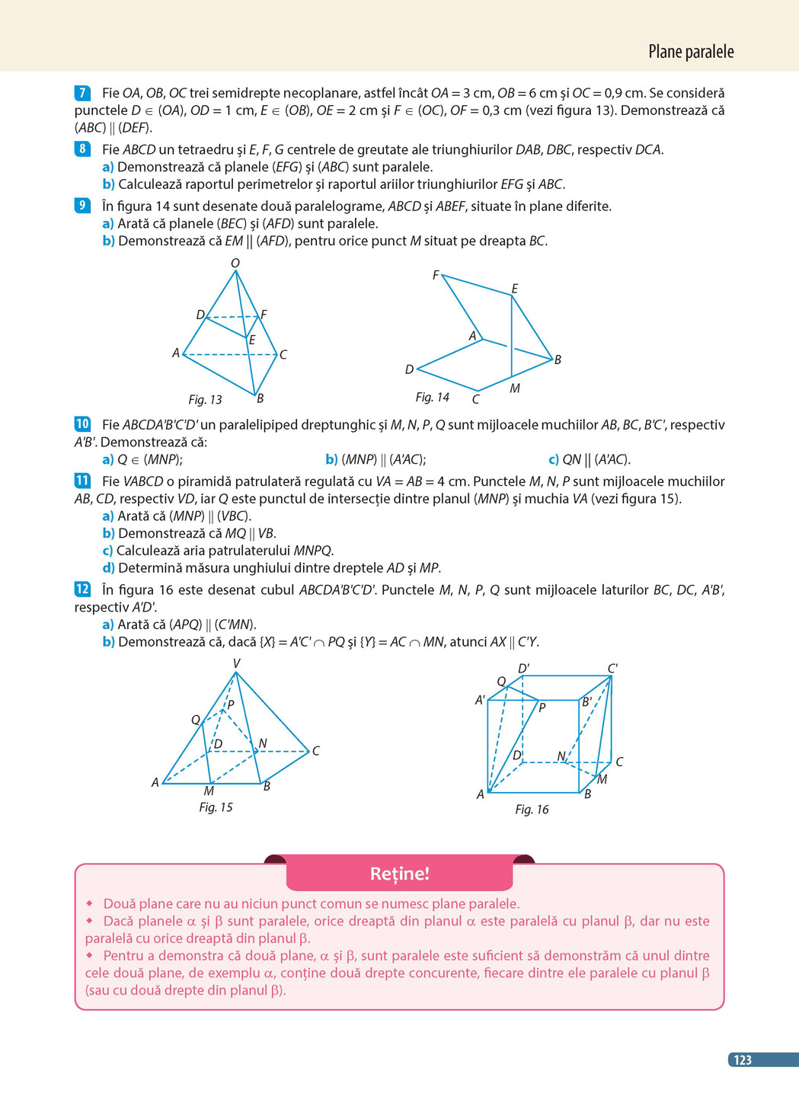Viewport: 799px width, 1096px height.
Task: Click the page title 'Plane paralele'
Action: click(690, 52)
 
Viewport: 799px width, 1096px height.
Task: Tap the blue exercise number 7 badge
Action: click(82, 93)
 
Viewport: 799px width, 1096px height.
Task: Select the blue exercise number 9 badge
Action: click(82, 206)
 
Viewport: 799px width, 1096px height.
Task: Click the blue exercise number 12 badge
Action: click(82, 590)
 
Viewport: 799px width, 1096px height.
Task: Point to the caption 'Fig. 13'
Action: click(205, 400)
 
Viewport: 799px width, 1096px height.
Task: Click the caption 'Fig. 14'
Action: click(432, 398)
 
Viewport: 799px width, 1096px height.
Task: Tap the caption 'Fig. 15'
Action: click(216, 807)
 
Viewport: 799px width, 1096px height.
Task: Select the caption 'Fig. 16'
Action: click(532, 810)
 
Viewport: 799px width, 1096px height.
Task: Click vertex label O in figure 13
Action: click(235, 264)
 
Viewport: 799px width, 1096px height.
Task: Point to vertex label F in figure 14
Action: click(436, 275)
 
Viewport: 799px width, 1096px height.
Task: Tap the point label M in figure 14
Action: click(515, 388)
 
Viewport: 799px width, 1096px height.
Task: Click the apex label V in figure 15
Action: click(236, 663)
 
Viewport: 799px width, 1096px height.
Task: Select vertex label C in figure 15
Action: click(316, 751)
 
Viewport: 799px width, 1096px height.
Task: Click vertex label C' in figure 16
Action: click(612, 669)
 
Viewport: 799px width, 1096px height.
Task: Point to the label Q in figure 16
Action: click(501, 682)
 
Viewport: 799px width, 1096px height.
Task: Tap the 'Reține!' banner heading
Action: click(399, 874)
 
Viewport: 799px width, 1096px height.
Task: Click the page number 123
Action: click(743, 1060)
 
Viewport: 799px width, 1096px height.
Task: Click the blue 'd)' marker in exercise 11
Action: click(108, 568)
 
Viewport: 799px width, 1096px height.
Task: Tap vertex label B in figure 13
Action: click(260, 398)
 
